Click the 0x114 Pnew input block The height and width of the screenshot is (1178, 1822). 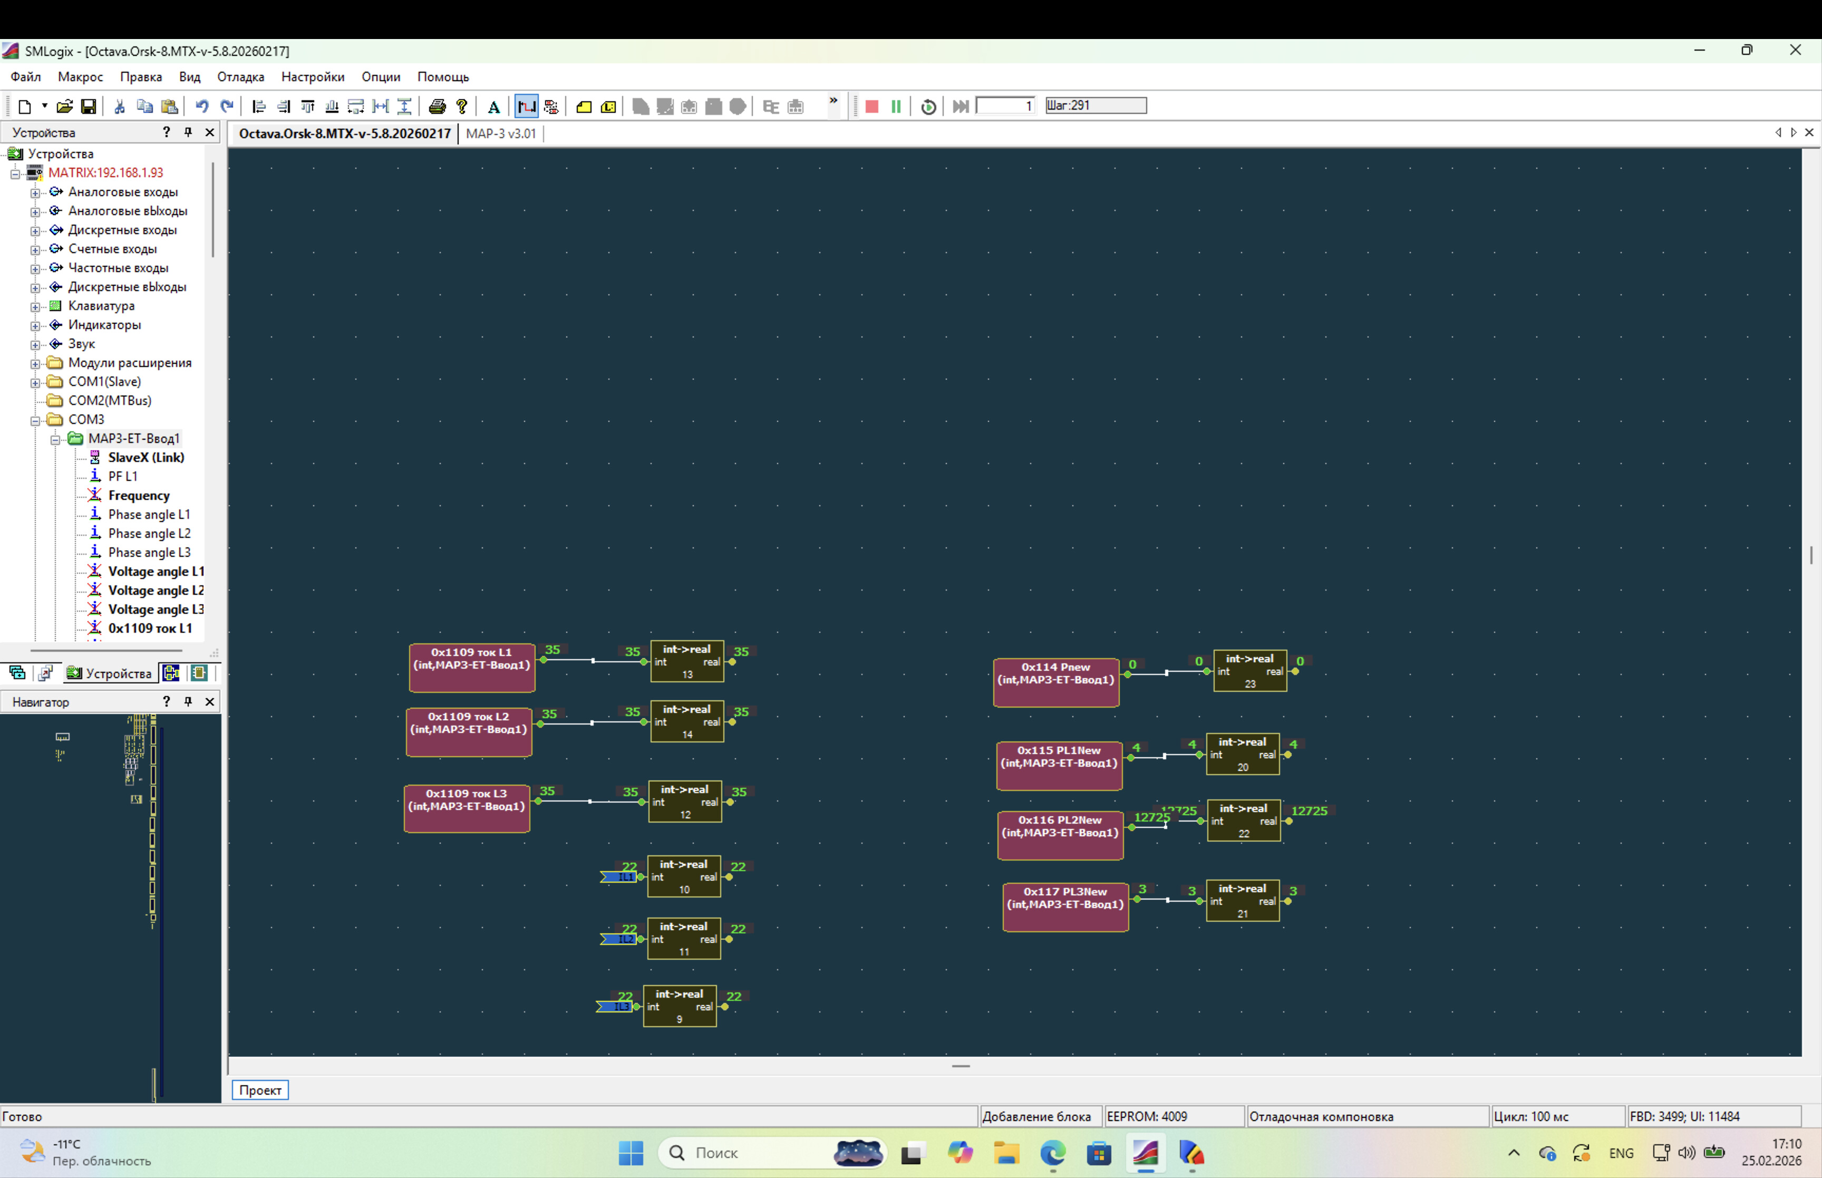(1056, 682)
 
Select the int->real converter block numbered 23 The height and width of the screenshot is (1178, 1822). (1249, 671)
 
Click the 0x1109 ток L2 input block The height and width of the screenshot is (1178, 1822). (469, 732)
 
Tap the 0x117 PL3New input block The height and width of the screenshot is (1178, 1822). (1065, 907)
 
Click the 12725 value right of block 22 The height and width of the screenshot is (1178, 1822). (1309, 811)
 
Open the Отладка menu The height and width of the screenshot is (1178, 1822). (240, 76)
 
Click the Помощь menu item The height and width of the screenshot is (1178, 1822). (443, 76)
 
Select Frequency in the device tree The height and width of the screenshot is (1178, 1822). (138, 496)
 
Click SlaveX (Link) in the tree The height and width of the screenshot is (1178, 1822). (146, 457)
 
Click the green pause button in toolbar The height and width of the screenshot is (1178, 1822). (895, 107)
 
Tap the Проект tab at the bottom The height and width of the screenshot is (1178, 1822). (260, 1090)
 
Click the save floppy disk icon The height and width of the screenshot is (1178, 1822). (89, 107)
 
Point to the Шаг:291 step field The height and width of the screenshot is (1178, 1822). (1095, 105)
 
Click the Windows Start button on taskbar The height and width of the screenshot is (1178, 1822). (631, 1153)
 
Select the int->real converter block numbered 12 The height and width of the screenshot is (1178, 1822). (684, 802)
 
